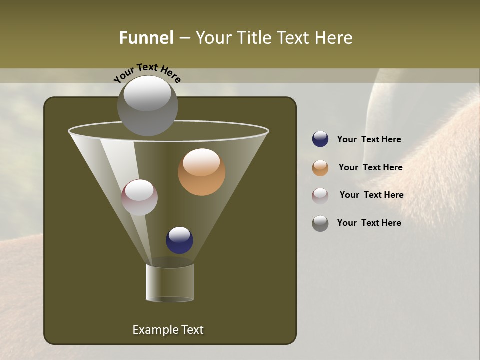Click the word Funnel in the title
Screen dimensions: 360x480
[146, 38]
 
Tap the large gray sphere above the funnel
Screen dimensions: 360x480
[147, 106]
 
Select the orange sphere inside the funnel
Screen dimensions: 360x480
[201, 172]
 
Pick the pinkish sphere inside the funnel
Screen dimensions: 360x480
[139, 197]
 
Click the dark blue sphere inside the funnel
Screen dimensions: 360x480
[179, 240]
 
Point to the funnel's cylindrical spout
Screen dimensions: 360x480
[170, 283]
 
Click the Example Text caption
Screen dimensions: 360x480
[168, 330]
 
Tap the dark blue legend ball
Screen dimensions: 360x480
[320, 139]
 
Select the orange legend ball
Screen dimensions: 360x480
[320, 168]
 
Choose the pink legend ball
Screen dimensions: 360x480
[320, 195]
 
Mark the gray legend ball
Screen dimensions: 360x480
[320, 223]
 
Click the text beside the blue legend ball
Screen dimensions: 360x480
[369, 140]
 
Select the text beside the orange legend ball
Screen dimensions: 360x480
[370, 168]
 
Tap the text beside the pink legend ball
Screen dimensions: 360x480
[371, 195]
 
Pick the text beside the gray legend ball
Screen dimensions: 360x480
[369, 223]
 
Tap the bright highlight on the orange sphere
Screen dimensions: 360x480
[201, 161]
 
